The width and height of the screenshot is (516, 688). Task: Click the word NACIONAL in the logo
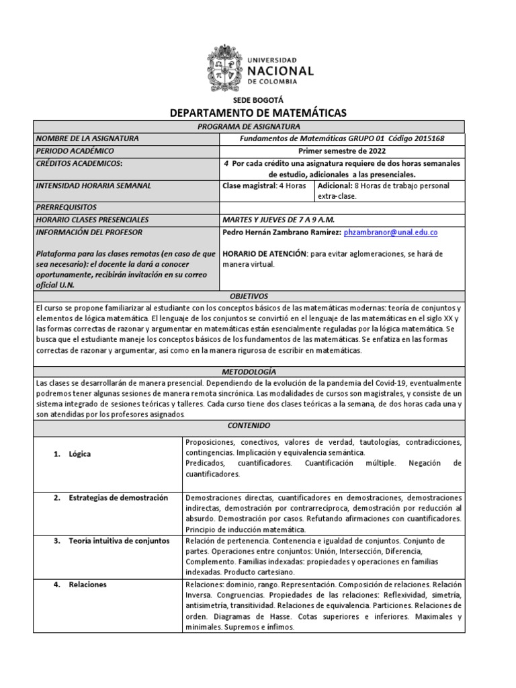[x=281, y=71]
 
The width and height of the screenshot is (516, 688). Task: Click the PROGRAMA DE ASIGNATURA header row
[x=257, y=126]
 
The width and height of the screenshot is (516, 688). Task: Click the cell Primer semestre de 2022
[x=342, y=150]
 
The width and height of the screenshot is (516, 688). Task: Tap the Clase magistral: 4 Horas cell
[x=264, y=185]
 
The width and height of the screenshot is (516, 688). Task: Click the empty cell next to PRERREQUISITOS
[x=342, y=208]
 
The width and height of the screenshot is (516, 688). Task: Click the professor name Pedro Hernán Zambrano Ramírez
[x=281, y=232]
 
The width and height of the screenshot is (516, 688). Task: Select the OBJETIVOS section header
[x=249, y=296]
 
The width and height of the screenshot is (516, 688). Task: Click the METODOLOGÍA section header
[x=249, y=372]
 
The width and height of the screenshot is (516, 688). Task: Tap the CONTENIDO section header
[x=249, y=426]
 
